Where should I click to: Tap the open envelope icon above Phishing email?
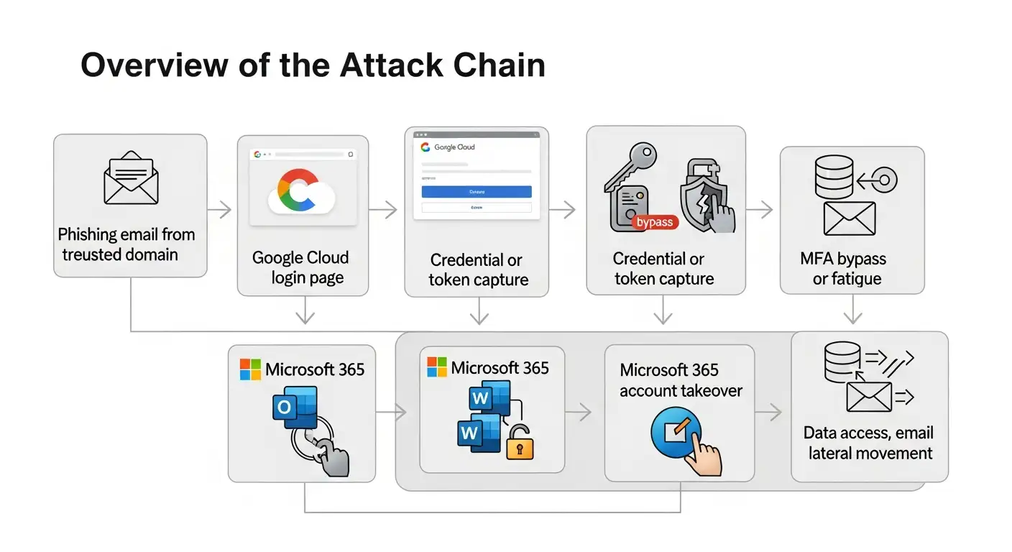130,178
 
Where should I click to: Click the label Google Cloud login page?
300,267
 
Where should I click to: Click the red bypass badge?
654,222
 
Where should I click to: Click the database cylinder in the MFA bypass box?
834,177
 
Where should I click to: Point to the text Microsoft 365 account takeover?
680,380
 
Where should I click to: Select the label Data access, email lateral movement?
869,443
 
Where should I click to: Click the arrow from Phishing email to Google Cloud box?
220,210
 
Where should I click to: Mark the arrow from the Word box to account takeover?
579,413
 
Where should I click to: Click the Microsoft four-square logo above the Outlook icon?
250,369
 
